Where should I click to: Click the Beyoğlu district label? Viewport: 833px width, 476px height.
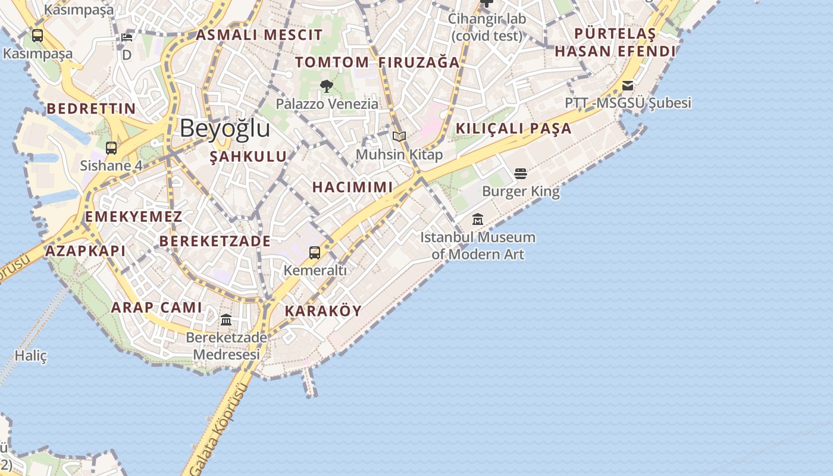point(225,129)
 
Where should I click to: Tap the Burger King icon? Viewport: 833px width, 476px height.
point(521,174)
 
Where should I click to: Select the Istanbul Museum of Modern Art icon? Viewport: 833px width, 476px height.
point(477,220)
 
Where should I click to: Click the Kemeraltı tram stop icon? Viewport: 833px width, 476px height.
point(315,253)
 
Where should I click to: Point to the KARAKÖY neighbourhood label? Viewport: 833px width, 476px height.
point(323,311)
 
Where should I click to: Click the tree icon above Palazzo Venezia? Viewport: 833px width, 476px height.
point(326,86)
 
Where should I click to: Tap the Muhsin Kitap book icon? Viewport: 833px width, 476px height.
point(399,137)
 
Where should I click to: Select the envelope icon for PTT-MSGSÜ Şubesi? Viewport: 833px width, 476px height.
point(628,86)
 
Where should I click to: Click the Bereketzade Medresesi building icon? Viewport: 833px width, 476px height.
point(226,320)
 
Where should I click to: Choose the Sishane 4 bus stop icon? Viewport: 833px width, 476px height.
point(111,148)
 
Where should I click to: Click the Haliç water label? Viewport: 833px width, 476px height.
point(31,356)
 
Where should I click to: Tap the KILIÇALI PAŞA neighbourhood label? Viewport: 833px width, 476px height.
point(513,129)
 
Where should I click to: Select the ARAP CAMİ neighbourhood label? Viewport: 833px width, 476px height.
point(156,308)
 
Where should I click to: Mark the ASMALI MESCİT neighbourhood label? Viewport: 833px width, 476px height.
point(259,35)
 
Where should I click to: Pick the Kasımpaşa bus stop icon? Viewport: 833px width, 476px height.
point(37,36)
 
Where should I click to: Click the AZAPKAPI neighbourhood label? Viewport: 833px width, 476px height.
point(86,250)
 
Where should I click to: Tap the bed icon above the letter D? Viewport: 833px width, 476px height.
point(127,37)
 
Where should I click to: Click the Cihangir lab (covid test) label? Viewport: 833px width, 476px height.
point(487,27)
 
